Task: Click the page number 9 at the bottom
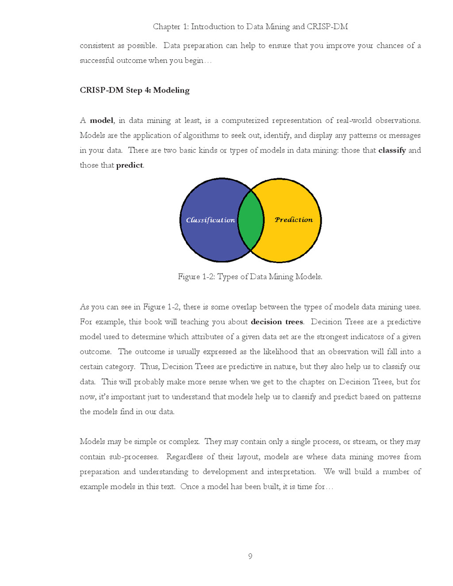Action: (250, 556)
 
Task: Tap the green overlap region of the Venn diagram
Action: (251, 220)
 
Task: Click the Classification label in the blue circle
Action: (210, 220)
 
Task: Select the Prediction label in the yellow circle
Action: (293, 219)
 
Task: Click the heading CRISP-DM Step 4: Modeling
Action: (134, 90)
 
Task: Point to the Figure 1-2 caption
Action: (250, 277)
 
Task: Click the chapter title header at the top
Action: (250, 27)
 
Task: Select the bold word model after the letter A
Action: (102, 120)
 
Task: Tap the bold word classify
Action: (392, 150)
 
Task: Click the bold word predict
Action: (129, 165)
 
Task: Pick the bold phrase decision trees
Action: (277, 322)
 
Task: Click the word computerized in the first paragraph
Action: (245, 120)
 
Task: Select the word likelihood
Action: (280, 352)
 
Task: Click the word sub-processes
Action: (134, 457)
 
